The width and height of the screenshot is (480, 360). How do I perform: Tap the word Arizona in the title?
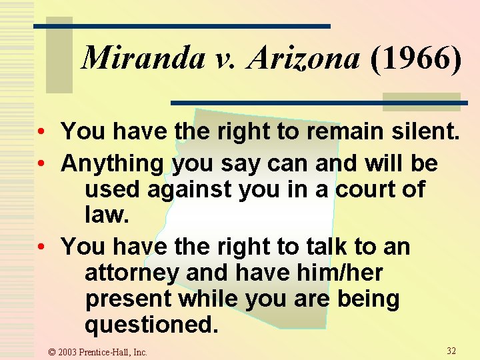(304, 59)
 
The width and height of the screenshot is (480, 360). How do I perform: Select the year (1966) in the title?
(414, 59)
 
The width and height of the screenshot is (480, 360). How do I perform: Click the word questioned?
(151, 325)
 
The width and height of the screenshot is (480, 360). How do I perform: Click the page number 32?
(451, 351)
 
